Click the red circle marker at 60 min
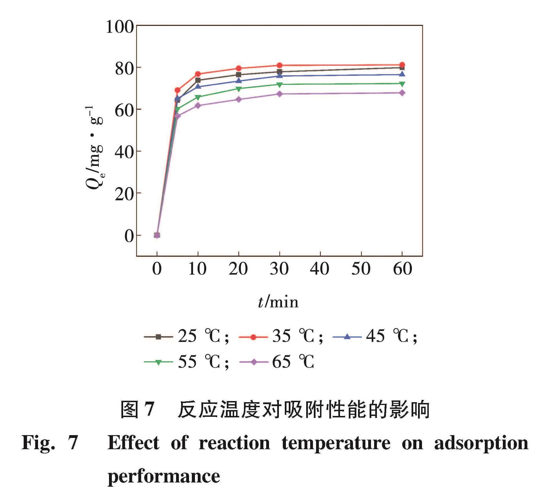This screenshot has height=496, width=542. point(402,65)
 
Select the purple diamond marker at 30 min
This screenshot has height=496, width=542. point(279,94)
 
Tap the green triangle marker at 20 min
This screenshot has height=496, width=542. point(239,89)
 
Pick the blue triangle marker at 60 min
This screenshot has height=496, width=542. point(402,74)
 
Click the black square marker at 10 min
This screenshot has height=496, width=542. point(198,80)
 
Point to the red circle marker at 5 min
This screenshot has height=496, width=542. point(177,90)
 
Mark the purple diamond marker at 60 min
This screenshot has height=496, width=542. point(402,93)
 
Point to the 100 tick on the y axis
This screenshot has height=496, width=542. point(120,27)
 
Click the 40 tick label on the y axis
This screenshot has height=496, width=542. point(124,152)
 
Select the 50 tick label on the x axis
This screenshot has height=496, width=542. point(361,269)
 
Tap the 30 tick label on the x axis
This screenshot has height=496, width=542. point(279,269)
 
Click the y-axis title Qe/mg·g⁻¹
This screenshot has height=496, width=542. point(94,148)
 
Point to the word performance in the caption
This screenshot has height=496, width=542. point(164,476)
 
